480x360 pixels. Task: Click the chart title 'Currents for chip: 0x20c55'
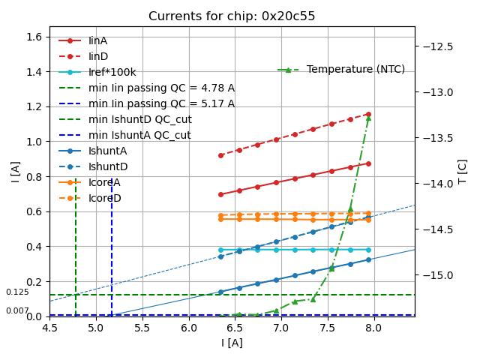click(232, 16)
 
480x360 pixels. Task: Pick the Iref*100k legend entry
click(112, 72)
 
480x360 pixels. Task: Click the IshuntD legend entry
click(108, 166)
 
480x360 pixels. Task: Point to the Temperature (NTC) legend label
click(355, 70)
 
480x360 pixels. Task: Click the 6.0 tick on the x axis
click(188, 328)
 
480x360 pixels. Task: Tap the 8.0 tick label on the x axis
click(373, 328)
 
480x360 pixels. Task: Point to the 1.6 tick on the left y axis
click(34, 37)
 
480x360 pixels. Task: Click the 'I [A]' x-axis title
click(232, 343)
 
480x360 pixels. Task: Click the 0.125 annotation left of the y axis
click(17, 292)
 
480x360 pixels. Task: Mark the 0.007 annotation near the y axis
click(17, 310)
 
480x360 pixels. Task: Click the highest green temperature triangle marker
click(368, 118)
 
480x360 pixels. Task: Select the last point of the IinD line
click(368, 114)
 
